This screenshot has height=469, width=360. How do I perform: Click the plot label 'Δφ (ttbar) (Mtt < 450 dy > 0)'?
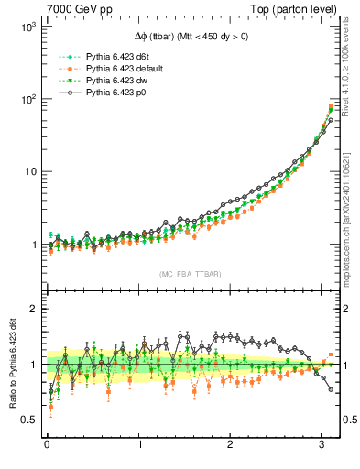point(191,38)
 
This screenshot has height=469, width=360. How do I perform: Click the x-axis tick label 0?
point(47,446)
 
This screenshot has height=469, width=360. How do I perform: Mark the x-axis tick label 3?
point(321,446)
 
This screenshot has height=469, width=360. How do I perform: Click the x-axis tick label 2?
point(230,446)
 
